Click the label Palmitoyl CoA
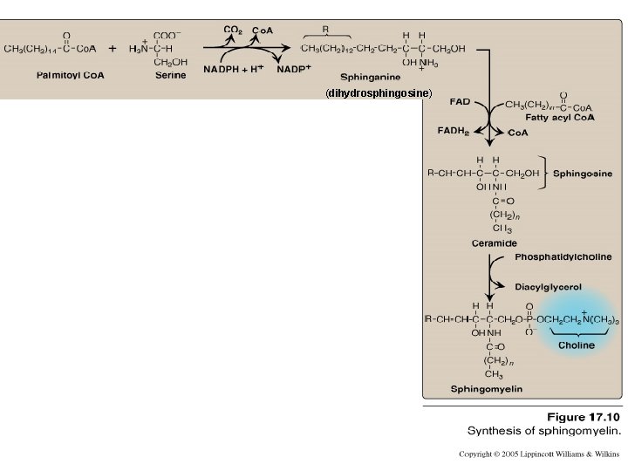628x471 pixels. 70,75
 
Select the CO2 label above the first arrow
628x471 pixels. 233,31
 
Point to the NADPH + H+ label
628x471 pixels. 234,69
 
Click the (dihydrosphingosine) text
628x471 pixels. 379,92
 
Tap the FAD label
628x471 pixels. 460,102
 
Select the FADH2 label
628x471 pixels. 454,131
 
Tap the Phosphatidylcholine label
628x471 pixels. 563,257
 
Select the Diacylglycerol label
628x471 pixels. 549,286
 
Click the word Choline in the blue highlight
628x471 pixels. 577,345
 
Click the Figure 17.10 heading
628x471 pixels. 584,417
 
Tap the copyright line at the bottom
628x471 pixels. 540,454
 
